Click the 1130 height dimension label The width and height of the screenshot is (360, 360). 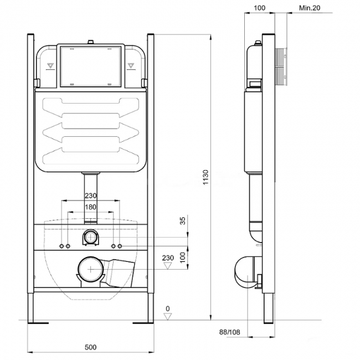[x=205, y=177]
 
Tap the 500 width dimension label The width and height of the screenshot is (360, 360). [x=91, y=347]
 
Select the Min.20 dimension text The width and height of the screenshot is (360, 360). [x=310, y=8]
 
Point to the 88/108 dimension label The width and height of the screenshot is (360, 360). [x=230, y=332]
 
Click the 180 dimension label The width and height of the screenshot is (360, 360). [x=91, y=207]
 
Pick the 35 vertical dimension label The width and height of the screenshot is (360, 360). [x=183, y=221]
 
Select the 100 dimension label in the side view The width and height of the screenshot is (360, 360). [x=259, y=8]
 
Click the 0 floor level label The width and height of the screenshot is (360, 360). [x=168, y=308]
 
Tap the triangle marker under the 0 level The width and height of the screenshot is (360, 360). [x=168, y=317]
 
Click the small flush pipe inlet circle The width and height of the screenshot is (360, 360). [x=91, y=237]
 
